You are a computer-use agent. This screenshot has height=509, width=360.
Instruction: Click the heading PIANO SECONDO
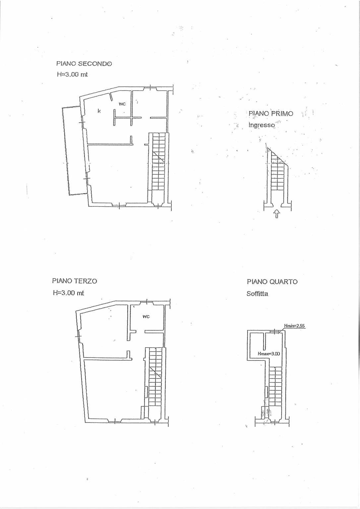[x=84, y=64]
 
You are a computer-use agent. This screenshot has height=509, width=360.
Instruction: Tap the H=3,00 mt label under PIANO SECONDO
[x=72, y=74]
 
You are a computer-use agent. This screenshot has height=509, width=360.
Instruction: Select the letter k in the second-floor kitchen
[x=99, y=111]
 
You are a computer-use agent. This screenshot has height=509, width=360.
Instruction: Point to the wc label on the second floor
[x=122, y=104]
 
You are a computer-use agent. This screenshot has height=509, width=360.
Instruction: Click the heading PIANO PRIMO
[x=271, y=113]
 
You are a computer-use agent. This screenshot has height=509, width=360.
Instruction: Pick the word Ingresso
[x=262, y=125]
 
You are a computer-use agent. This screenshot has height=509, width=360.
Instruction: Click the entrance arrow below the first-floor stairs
[x=276, y=214]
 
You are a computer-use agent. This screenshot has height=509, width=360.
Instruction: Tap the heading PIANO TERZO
[x=75, y=281]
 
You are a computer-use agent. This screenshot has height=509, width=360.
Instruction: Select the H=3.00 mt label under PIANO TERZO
[x=68, y=293]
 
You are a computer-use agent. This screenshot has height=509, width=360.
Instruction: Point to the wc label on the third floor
[x=146, y=316]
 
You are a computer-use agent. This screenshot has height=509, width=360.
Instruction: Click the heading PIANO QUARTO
[x=272, y=282]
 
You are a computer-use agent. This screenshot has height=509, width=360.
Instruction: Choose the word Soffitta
[x=257, y=294]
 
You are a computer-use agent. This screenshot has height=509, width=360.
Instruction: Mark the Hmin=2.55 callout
[x=294, y=326]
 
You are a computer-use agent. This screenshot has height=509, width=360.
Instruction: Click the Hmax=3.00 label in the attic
[x=269, y=354]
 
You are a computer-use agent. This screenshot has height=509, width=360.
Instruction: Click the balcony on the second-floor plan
[x=75, y=151]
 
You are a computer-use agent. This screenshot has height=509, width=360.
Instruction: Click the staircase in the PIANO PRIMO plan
[x=277, y=170]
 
